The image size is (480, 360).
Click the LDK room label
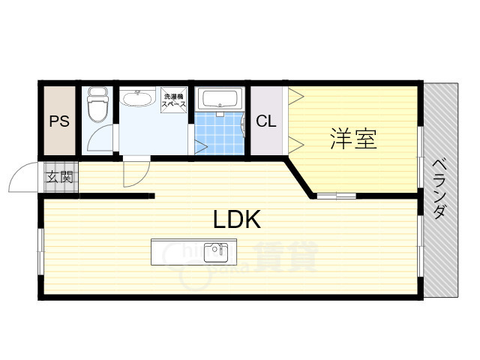tap(237, 220)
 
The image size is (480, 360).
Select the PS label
tap(59, 122)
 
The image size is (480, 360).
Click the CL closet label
tap(266, 121)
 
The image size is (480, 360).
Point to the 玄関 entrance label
tap(60, 178)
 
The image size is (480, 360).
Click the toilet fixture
tap(97, 105)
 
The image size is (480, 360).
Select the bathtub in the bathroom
tap(220, 99)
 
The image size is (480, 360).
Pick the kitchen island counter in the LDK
tap(193, 251)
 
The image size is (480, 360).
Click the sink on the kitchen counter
tap(217, 250)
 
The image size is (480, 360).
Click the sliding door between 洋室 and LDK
tap(335, 196)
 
